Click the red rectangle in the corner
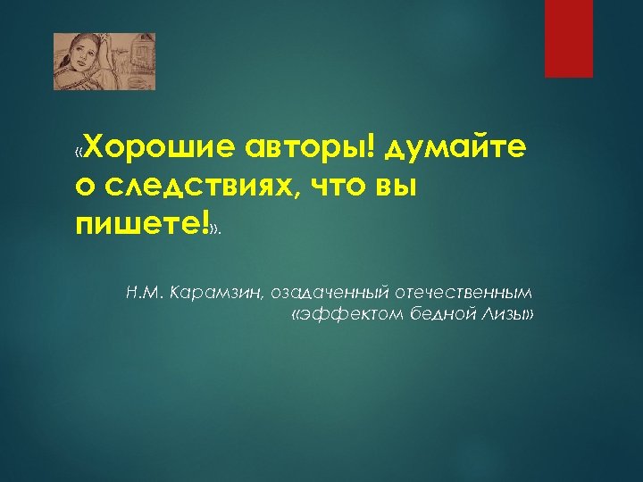click(569, 38)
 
